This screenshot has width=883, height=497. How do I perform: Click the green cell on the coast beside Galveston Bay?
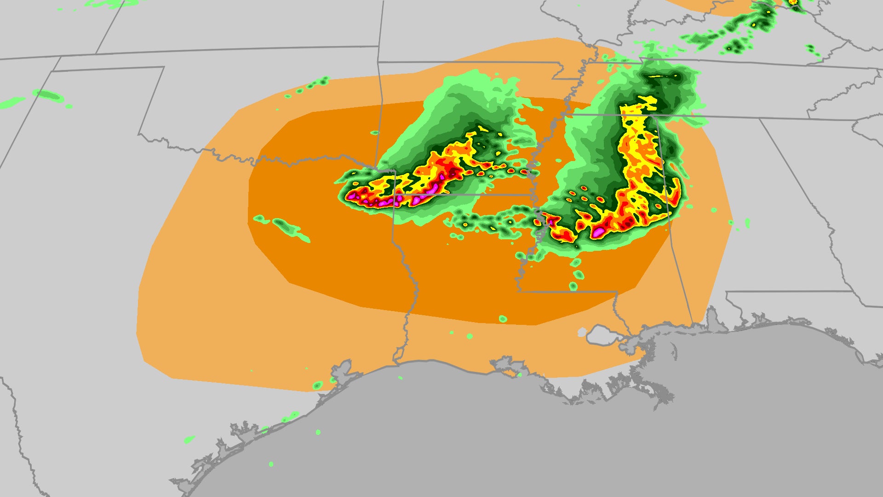tap(317, 385)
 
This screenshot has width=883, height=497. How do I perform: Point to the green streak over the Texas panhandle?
tap(49, 96)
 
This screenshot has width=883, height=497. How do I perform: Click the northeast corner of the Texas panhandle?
tap(164, 67)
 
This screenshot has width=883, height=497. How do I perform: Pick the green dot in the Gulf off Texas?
tap(318, 432)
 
